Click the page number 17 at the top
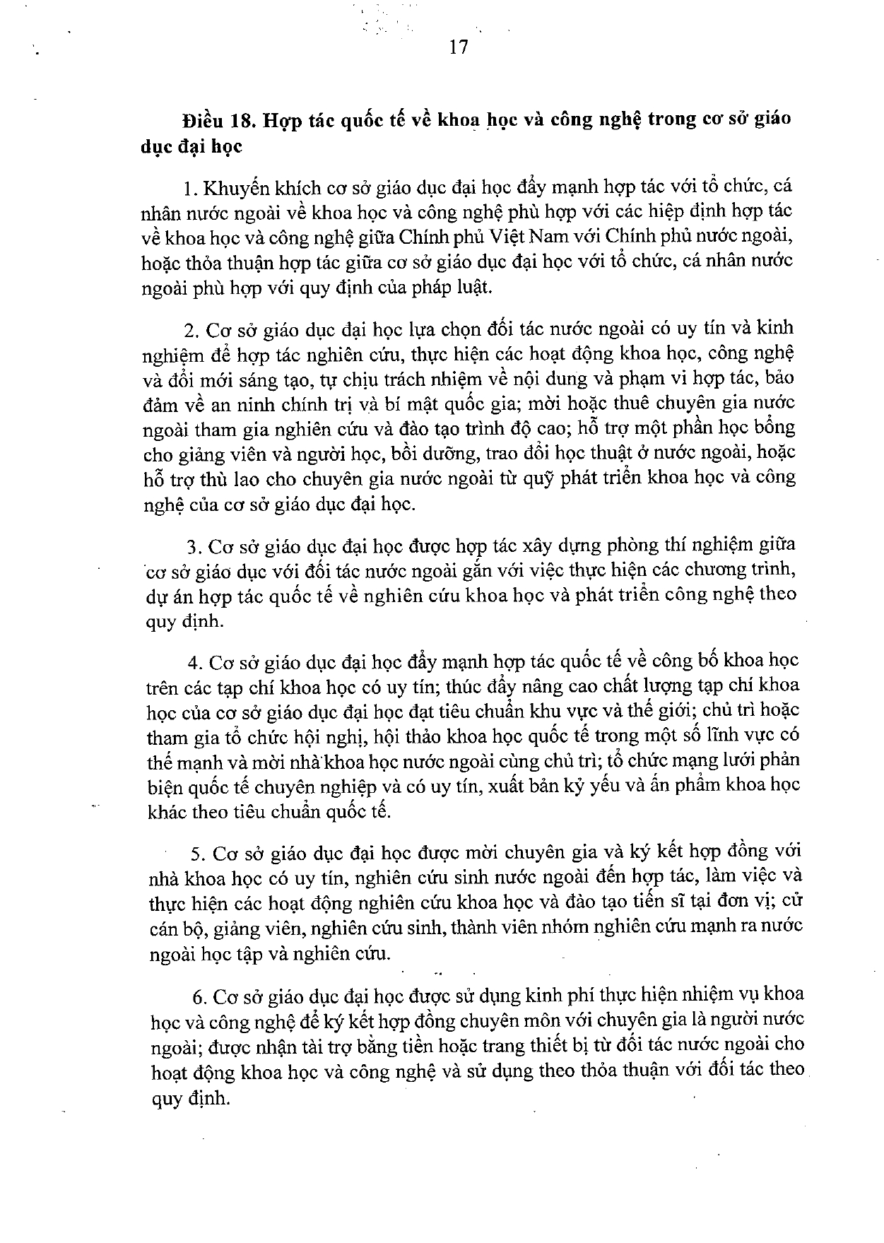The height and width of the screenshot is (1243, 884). pos(458,47)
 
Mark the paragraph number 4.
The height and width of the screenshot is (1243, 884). pos(194,662)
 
